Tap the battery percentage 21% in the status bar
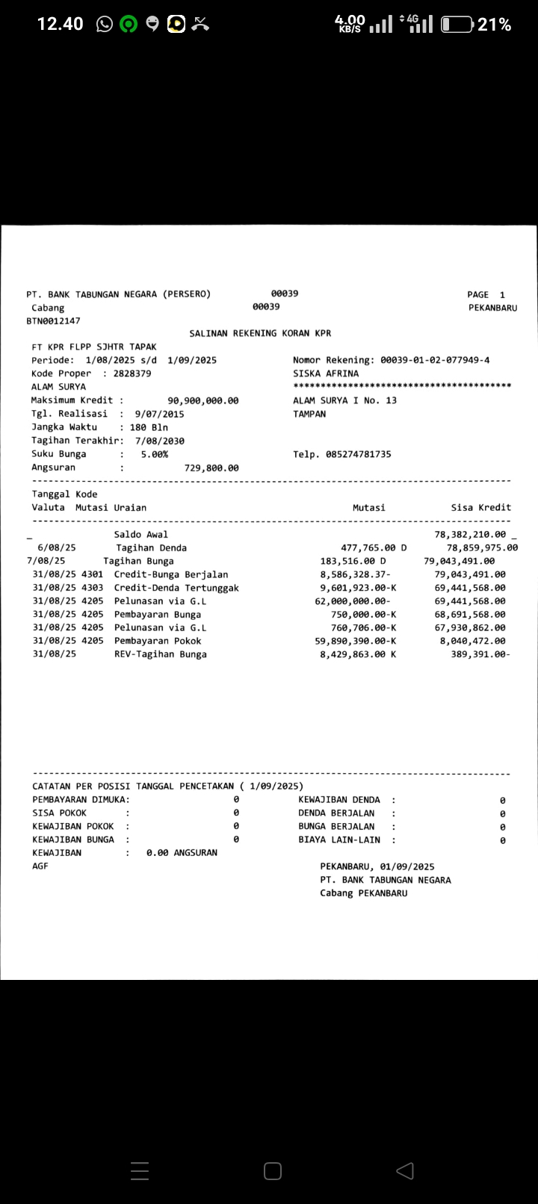pyautogui.click(x=495, y=25)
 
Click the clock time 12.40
pyautogui.click(x=61, y=24)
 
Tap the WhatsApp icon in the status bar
pyautogui.click(x=105, y=25)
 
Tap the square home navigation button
pyautogui.click(x=273, y=1170)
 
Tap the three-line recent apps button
pyautogui.click(x=140, y=1170)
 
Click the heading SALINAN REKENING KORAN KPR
pyautogui.click(x=260, y=333)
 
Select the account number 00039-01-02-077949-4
pyautogui.click(x=435, y=360)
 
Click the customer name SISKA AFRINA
pyautogui.click(x=326, y=373)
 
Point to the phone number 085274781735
pyautogui.click(x=358, y=454)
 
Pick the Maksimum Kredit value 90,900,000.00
pyautogui.click(x=203, y=400)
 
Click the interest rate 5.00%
pyautogui.click(x=155, y=454)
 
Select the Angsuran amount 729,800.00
pyautogui.click(x=211, y=468)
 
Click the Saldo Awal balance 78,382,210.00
pyautogui.click(x=470, y=535)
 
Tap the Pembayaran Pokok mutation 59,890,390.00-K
pyautogui.click(x=356, y=641)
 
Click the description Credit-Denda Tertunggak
pyautogui.click(x=176, y=588)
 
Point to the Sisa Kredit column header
pyautogui.click(x=481, y=508)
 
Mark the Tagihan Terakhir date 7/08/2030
pyautogui.click(x=160, y=441)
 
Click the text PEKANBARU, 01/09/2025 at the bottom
pyautogui.click(x=377, y=866)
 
